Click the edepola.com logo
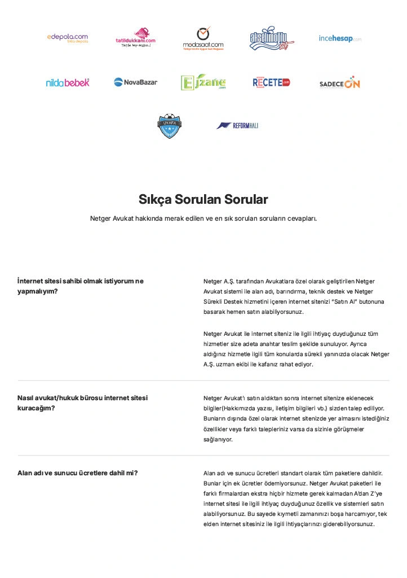68,38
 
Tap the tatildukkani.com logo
135,38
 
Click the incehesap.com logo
339,38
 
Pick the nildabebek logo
68,82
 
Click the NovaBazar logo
135,82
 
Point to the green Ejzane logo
203,82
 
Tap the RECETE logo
271,82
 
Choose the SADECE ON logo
339,83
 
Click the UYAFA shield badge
169,126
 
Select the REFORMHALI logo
237,125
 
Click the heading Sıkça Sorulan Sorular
203,199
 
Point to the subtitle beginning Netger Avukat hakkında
203,218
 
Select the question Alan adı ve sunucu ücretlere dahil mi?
78,473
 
